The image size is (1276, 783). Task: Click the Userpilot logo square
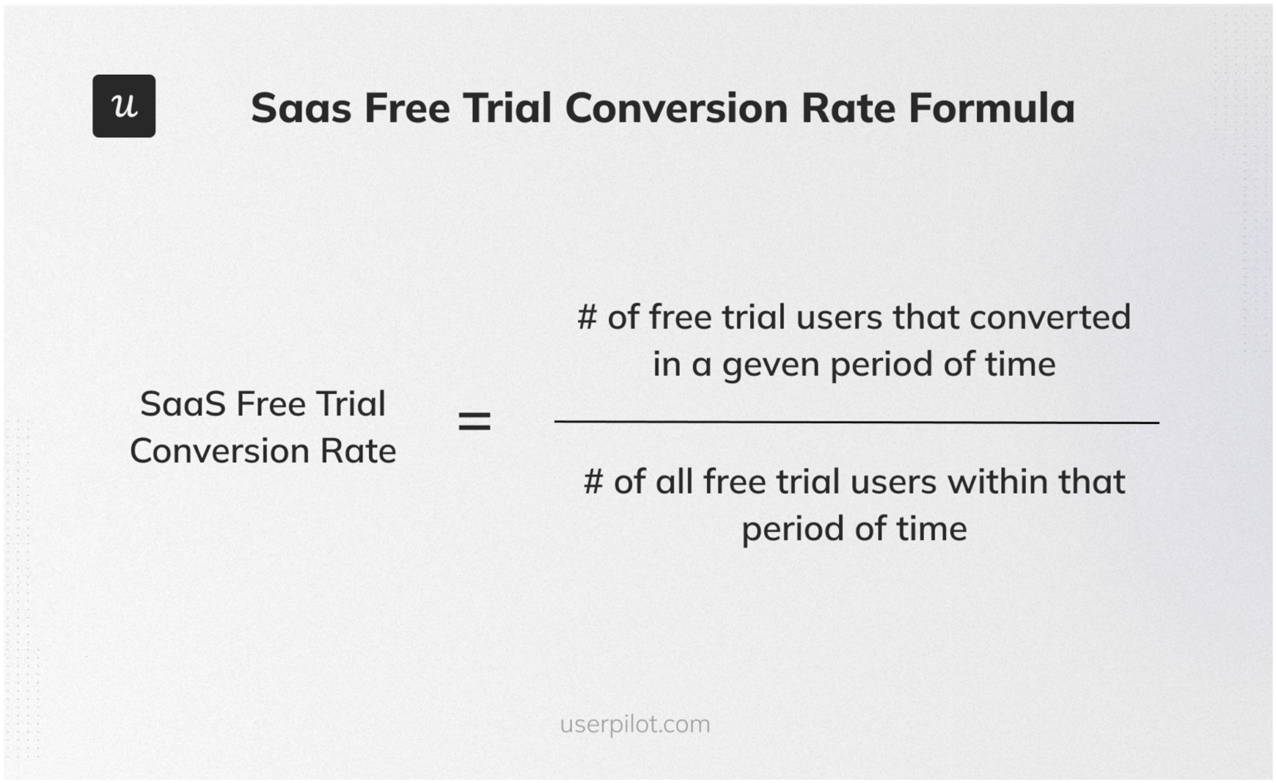point(124,106)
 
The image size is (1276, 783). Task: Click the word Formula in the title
point(991,108)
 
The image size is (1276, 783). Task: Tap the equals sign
point(474,421)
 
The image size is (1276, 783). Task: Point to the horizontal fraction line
point(856,422)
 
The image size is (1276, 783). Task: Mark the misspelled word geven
point(771,366)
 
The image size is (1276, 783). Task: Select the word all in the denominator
point(673,482)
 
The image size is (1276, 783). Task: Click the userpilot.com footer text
point(635,724)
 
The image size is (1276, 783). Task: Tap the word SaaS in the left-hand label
point(183,404)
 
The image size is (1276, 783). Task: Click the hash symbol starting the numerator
point(586,318)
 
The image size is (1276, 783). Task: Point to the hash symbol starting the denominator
point(593,482)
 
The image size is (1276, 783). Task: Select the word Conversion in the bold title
point(676,108)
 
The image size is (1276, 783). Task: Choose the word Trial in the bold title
point(507,108)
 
